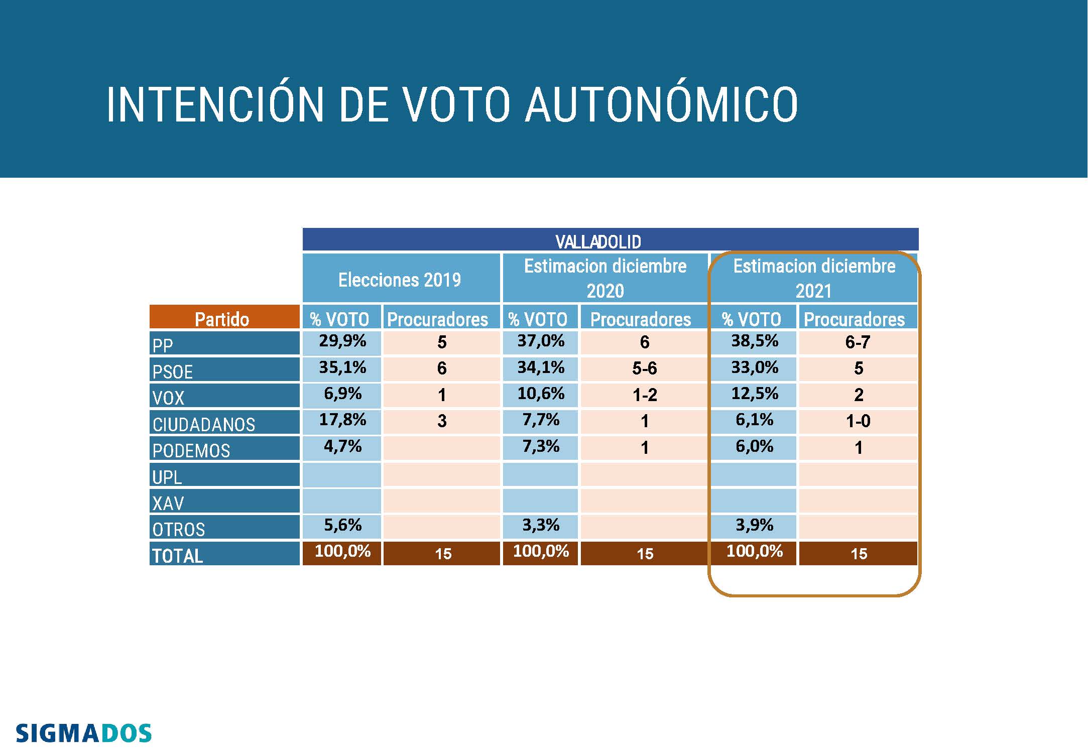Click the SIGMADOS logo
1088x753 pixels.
83,733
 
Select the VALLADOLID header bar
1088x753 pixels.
610,240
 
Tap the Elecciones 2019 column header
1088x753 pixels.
400,279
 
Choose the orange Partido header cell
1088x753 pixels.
224,318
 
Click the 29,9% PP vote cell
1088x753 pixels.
342,341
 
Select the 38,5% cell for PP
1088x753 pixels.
754,341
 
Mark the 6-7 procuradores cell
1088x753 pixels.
858,342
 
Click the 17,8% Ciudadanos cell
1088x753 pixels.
342,420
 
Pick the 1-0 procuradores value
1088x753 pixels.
858,421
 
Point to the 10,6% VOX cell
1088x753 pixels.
541,394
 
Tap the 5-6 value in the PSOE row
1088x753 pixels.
644,368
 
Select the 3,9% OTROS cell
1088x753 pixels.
754,526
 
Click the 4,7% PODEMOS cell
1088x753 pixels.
342,446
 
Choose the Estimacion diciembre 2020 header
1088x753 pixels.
605,278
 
